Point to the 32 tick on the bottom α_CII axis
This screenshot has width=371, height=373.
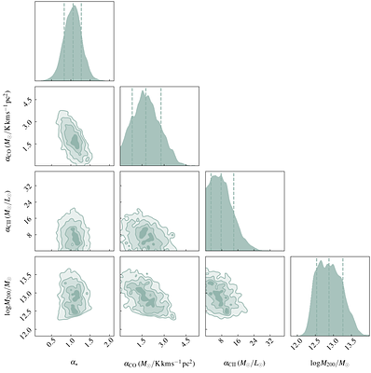pyautogui.click(x=270, y=341)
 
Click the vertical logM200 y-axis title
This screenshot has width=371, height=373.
pyautogui.click(x=8, y=297)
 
